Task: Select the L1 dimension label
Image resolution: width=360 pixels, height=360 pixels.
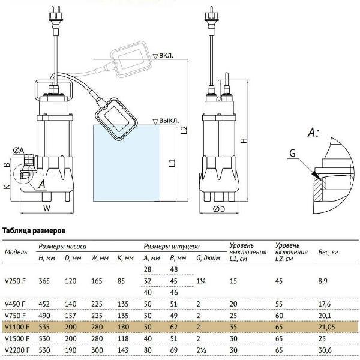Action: [171, 162]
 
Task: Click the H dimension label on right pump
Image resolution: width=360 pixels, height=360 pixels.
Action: [244, 140]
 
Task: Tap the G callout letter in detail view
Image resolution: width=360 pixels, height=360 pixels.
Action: [292, 153]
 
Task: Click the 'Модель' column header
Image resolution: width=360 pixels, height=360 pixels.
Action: [16, 253]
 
